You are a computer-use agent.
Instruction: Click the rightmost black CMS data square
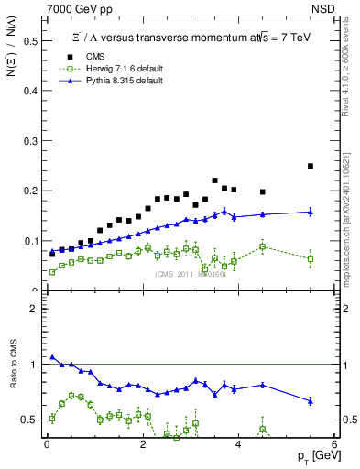click(311, 166)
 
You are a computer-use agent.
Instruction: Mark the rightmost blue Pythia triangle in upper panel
click(311, 212)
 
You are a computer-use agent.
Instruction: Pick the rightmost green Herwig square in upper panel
click(311, 258)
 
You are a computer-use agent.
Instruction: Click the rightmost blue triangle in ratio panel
click(311, 400)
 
